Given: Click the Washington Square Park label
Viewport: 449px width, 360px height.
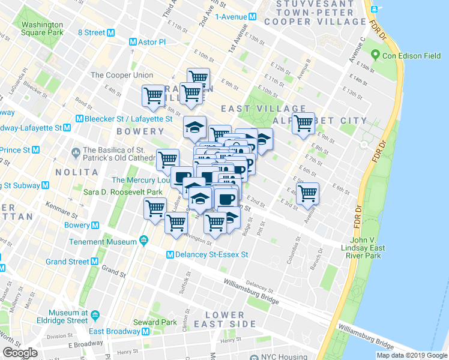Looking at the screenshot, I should (42, 29).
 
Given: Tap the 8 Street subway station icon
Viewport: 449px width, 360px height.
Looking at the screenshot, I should (110, 33).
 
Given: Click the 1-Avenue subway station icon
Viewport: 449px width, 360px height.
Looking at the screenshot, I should (253, 17).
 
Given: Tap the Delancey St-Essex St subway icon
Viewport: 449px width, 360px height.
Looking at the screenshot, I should (170, 254).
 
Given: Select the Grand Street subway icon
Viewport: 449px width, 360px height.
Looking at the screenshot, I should (94, 262).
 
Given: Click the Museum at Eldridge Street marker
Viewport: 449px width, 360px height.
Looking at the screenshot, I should (95, 313).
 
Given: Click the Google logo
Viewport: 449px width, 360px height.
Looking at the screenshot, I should (20, 353).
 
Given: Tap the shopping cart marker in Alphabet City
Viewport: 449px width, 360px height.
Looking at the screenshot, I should (304, 123).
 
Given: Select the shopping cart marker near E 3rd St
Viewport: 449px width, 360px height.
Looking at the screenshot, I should (307, 193).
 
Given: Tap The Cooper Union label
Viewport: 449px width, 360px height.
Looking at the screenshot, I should (121, 76).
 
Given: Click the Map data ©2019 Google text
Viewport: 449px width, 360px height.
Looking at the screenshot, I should (412, 355).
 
